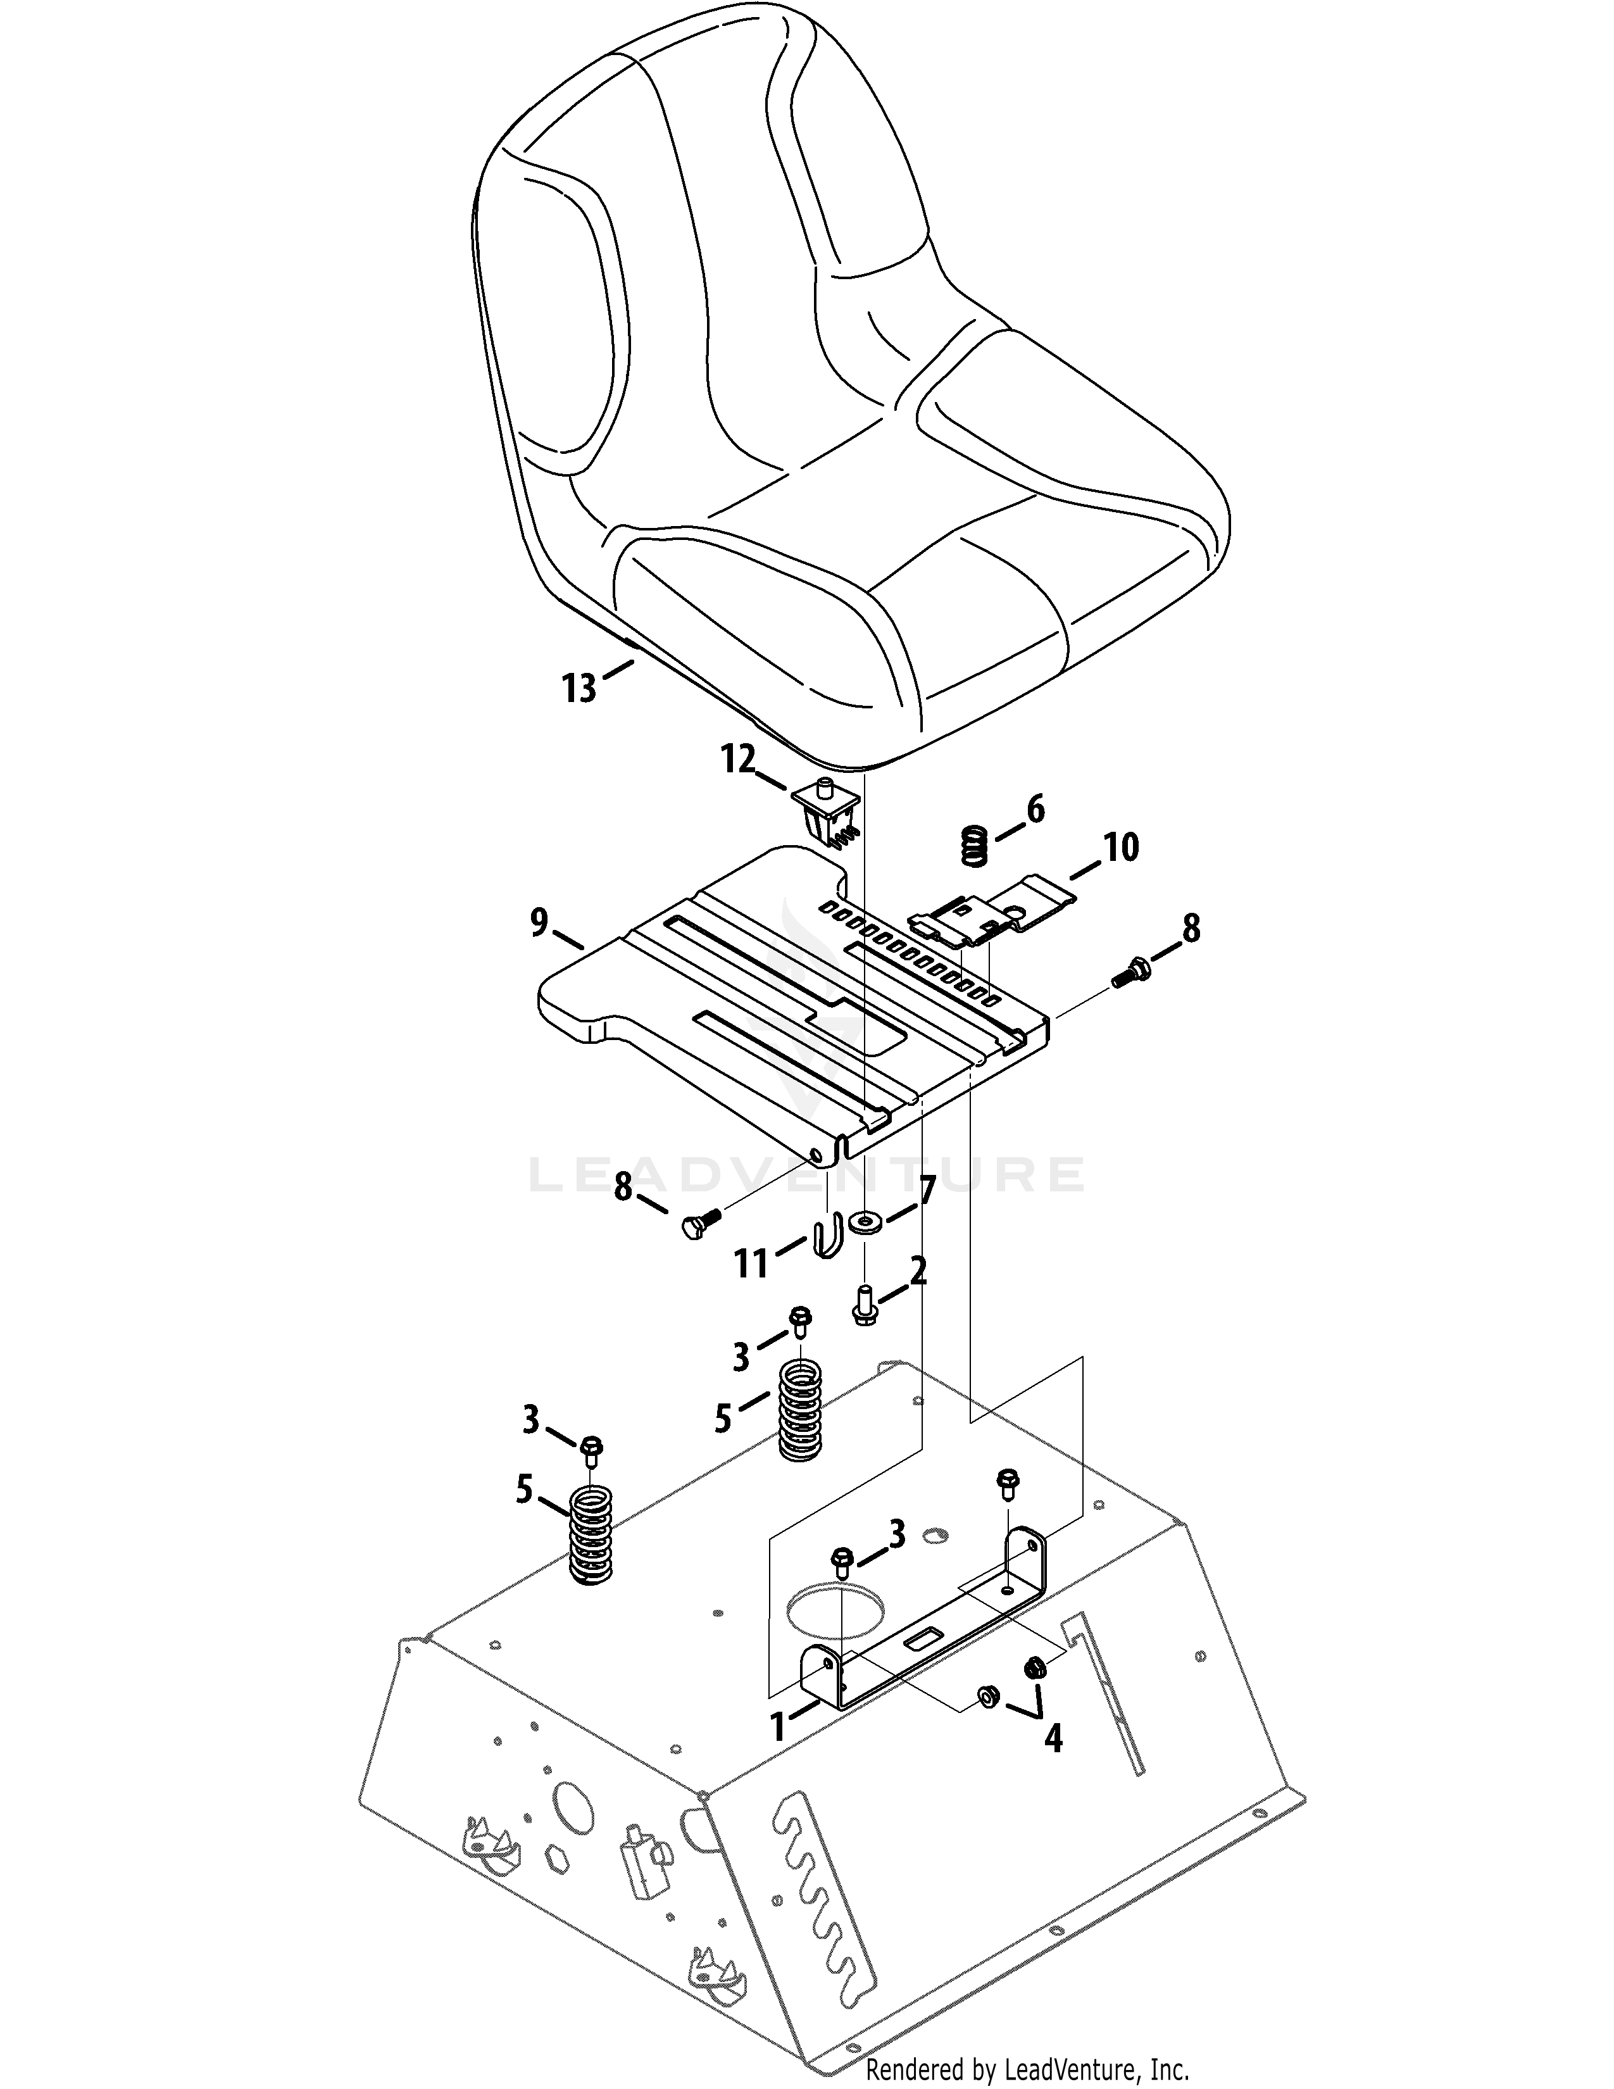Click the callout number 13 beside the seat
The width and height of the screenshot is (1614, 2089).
(579, 687)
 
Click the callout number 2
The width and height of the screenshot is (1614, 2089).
(918, 1272)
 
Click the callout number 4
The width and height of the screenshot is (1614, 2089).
(1053, 1737)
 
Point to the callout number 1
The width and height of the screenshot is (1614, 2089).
(779, 1726)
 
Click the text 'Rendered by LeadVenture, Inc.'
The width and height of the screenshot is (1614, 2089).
(1027, 2071)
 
